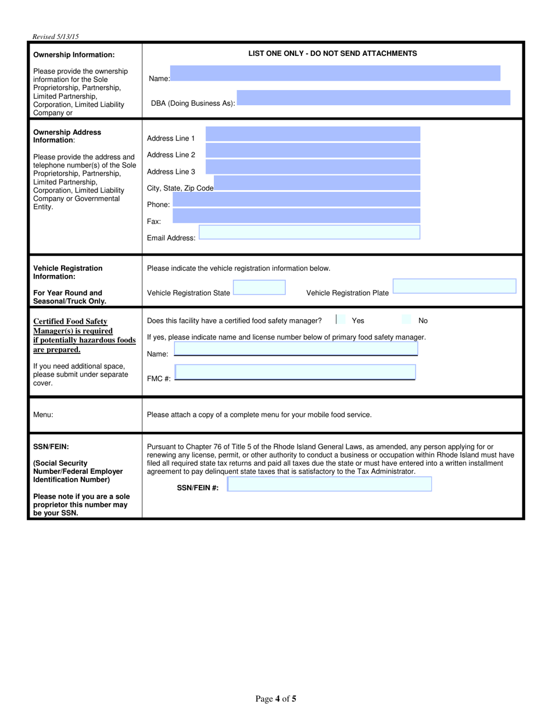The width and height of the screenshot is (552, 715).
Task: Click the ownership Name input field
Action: pos(335,73)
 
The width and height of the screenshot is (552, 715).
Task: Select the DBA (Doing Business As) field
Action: pos(373,98)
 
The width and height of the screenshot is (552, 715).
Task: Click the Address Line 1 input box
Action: pos(313,134)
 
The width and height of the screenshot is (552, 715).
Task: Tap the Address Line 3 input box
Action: pos(313,167)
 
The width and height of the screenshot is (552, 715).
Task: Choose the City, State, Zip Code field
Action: pos(317,183)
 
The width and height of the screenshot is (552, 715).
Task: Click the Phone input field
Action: pos(296,199)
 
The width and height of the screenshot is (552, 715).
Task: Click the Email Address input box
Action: pos(309,233)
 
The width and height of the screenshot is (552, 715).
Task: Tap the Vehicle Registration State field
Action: pos(259,288)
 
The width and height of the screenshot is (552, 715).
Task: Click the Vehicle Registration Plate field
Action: pos(454,287)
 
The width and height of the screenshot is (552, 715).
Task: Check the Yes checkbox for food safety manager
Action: pos(341,320)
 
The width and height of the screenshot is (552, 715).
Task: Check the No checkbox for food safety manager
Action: pos(407,320)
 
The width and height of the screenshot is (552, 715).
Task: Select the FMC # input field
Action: pos(295,372)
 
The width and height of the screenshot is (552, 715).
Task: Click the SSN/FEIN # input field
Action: pos(329,484)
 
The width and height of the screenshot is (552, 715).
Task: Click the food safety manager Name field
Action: pos(296,349)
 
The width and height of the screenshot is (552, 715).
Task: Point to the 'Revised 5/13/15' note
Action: pos(56,37)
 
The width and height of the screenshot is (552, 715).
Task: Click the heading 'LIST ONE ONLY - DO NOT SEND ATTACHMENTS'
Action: pos(332,53)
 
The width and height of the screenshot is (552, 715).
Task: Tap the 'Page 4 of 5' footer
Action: pos(276,699)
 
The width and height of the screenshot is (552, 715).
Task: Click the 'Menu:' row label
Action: pos(44,415)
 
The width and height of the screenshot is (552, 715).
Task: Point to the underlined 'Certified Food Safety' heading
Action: pos(70,321)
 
